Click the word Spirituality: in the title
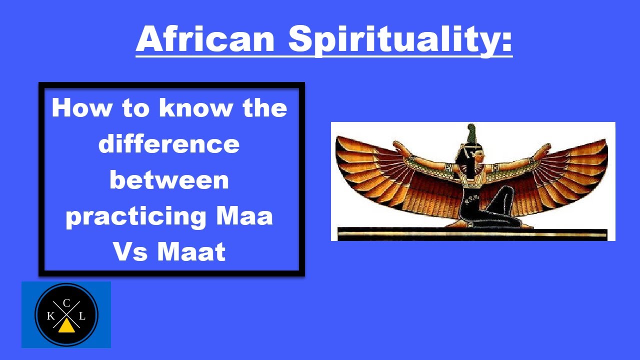pos(400,40)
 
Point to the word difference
pos(169,144)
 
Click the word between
pos(169,180)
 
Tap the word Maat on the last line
pos(192,252)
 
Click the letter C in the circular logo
pos(66,302)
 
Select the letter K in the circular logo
pos(51,316)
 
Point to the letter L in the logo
pos(82,316)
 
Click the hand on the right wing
pos(546,146)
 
